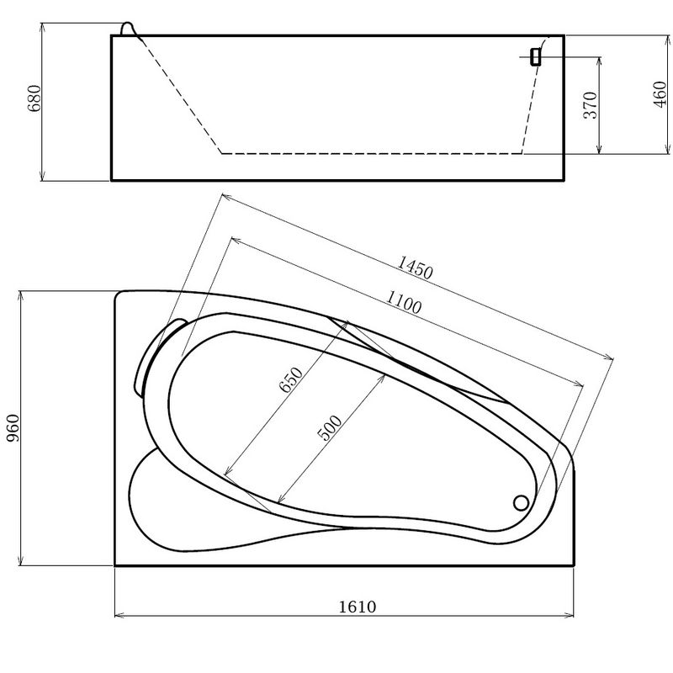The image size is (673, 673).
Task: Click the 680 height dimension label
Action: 34,98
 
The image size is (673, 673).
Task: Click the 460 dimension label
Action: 660,94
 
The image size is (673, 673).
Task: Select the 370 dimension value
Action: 591,105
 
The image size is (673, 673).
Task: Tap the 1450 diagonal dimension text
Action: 415,268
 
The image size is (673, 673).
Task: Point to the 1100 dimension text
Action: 404,302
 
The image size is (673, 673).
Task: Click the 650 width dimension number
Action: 291,380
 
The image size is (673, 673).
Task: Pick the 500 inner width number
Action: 329,428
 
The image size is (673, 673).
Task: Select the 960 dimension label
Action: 13,428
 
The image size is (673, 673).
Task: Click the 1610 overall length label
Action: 358,607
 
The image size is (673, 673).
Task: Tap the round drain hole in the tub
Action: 521,502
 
